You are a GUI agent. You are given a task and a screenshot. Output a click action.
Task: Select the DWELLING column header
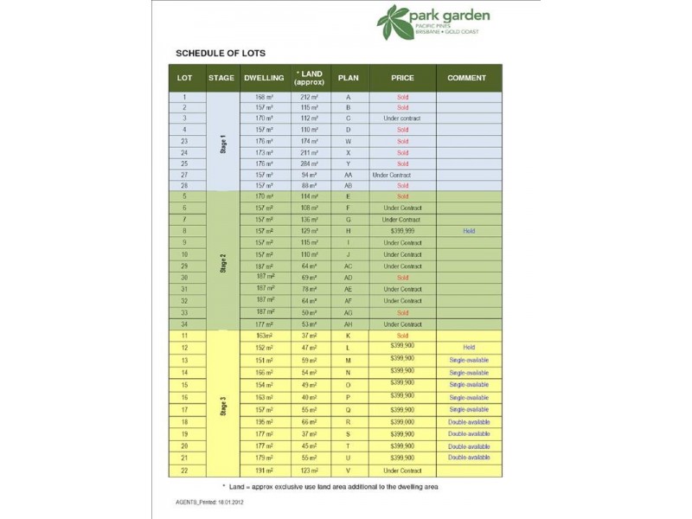point(264,78)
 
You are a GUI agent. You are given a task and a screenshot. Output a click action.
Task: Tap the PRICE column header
point(402,78)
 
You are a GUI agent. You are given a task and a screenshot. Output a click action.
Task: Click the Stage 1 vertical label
point(221,141)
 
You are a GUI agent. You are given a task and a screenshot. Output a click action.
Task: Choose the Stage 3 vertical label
point(221,403)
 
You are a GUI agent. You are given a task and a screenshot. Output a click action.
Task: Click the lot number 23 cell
point(184,141)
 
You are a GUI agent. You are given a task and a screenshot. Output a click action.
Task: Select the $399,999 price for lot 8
point(402,232)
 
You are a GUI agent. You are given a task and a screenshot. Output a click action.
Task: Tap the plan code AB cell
point(348,186)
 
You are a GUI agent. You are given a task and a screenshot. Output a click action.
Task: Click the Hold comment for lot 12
point(469,347)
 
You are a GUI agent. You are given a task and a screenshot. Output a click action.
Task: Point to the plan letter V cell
point(348,471)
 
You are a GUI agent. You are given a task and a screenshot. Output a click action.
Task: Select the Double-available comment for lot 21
point(469,458)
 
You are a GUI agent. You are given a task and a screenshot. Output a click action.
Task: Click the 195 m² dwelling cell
point(264,421)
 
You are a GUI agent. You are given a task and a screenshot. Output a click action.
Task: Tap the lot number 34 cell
point(184,324)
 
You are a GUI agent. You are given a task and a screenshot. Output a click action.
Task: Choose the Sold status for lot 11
point(402,336)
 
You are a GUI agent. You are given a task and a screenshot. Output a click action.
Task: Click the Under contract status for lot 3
point(402,119)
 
